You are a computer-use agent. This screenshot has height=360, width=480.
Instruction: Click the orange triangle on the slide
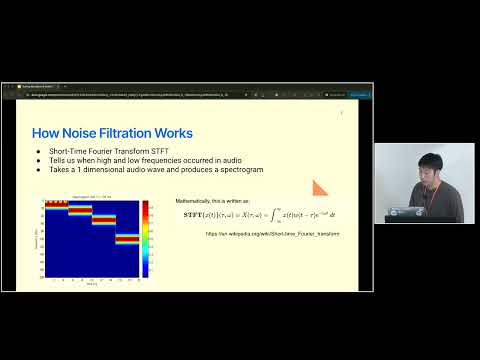point(320,187)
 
